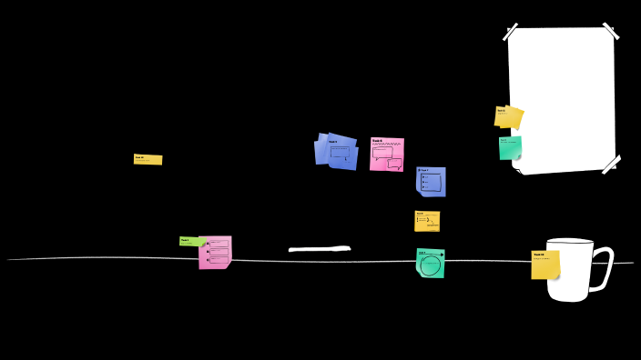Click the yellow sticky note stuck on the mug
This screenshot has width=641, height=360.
click(x=544, y=265)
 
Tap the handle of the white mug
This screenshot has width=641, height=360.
click(x=605, y=269)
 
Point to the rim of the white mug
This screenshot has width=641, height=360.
click(x=570, y=241)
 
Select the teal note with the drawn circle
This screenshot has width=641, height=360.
click(x=431, y=263)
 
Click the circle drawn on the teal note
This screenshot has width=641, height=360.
click(x=431, y=265)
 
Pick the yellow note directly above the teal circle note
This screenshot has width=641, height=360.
click(x=427, y=221)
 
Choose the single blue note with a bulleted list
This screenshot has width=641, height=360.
click(x=432, y=181)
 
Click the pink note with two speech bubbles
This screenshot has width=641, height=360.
click(x=387, y=154)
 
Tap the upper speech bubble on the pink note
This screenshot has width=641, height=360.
click(x=383, y=153)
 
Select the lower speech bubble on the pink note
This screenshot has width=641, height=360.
click(x=394, y=164)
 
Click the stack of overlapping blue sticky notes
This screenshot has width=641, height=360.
click(x=337, y=151)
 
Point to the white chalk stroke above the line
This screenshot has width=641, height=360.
click(x=319, y=248)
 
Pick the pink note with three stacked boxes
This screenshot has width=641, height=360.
click(x=216, y=252)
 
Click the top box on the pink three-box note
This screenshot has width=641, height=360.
click(x=219, y=244)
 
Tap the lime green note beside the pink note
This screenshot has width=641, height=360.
click(x=191, y=241)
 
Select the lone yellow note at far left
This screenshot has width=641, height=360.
click(x=148, y=159)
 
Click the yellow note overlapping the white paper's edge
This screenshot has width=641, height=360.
click(x=508, y=116)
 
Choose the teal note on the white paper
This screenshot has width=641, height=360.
click(x=510, y=147)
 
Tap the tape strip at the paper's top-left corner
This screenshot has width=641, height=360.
click(x=510, y=32)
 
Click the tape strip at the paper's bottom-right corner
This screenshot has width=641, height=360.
click(x=610, y=165)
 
